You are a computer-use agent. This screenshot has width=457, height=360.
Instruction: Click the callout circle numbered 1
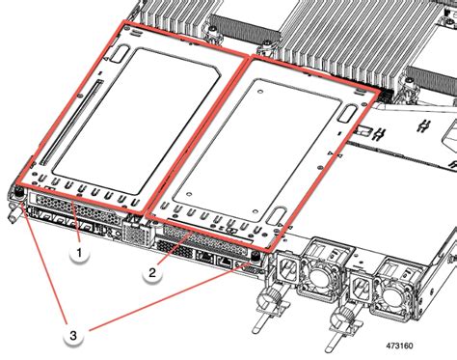coord(79,254)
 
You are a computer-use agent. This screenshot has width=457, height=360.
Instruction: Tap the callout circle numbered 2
coord(152,273)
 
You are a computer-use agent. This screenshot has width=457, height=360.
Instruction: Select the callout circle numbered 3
coord(73,335)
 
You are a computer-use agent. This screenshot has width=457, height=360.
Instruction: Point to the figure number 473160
coord(399,346)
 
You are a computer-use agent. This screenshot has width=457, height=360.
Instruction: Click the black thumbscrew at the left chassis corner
coord(18,192)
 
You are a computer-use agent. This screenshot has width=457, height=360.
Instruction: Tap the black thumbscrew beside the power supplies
coord(255,258)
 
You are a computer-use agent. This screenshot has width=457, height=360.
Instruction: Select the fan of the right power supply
coord(392,294)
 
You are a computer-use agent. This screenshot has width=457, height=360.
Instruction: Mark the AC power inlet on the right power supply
coord(359,288)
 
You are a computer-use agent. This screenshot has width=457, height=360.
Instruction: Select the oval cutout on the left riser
coord(120,54)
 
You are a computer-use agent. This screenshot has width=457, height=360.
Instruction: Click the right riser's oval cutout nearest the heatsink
coord(348,114)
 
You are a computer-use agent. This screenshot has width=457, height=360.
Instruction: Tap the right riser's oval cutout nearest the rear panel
coord(277,216)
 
